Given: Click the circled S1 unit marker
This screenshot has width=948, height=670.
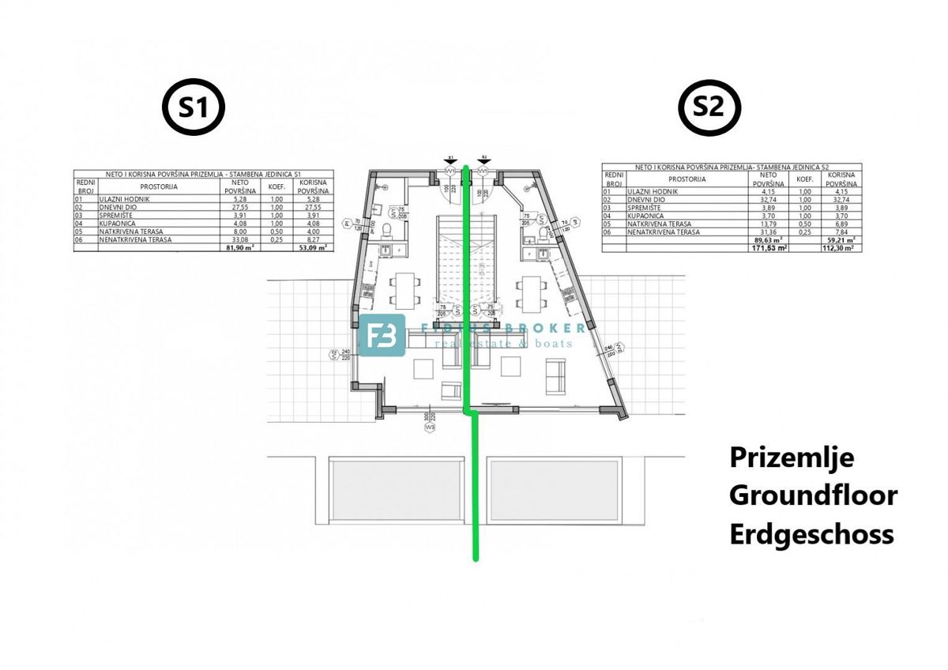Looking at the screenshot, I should (x=194, y=108).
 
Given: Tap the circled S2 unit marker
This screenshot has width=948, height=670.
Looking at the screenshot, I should (x=709, y=108).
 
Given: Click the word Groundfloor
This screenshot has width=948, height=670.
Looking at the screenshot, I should (x=813, y=495).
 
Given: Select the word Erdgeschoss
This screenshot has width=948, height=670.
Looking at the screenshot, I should (x=811, y=534).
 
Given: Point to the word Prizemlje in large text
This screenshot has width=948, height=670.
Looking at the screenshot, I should (x=792, y=457).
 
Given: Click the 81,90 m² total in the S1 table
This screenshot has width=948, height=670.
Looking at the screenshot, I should (x=238, y=247).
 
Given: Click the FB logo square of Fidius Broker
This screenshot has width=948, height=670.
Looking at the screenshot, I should (x=382, y=335).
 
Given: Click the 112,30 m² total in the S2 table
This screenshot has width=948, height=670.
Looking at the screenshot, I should (x=835, y=247).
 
